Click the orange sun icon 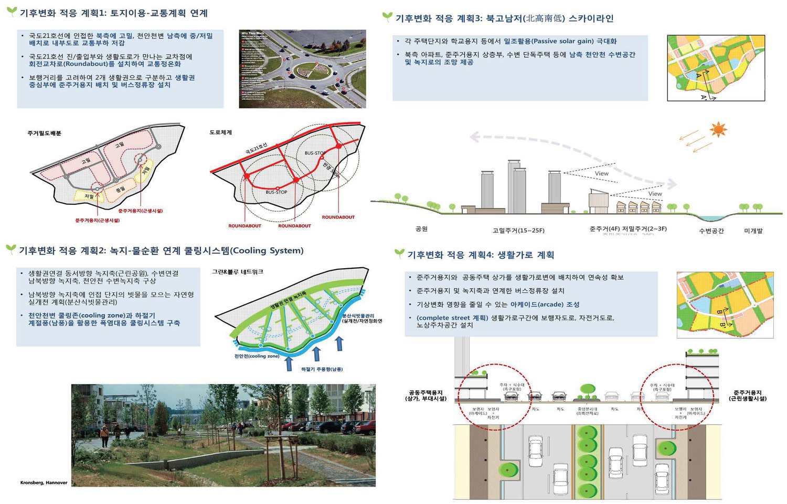pyautogui.click(x=718, y=129)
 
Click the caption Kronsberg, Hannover pyautogui.click(x=44, y=483)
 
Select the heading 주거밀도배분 pyautogui.click(x=45, y=134)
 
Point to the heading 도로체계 pyautogui.click(x=220, y=133)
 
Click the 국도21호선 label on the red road pyautogui.click(x=257, y=148)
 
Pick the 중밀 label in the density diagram pyautogui.click(x=121, y=189)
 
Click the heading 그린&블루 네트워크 pyautogui.click(x=238, y=272)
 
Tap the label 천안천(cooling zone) pyautogui.click(x=257, y=356)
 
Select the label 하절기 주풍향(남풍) pyautogui.click(x=322, y=369)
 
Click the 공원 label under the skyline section pyautogui.click(x=421, y=229)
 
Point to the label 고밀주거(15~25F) pyautogui.click(x=518, y=231)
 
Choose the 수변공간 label pyautogui.click(x=711, y=231)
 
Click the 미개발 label pyautogui.click(x=753, y=231)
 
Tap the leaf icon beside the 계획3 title pyautogui.click(x=387, y=17)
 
